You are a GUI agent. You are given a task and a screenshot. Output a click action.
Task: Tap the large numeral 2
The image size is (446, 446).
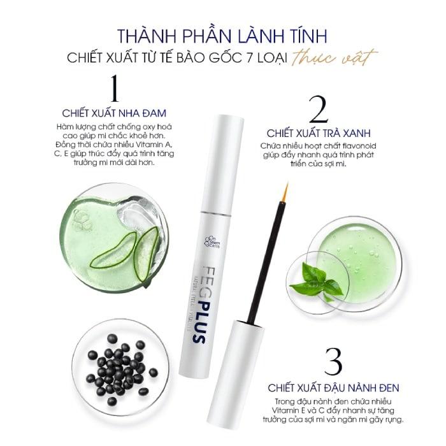(317, 110)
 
